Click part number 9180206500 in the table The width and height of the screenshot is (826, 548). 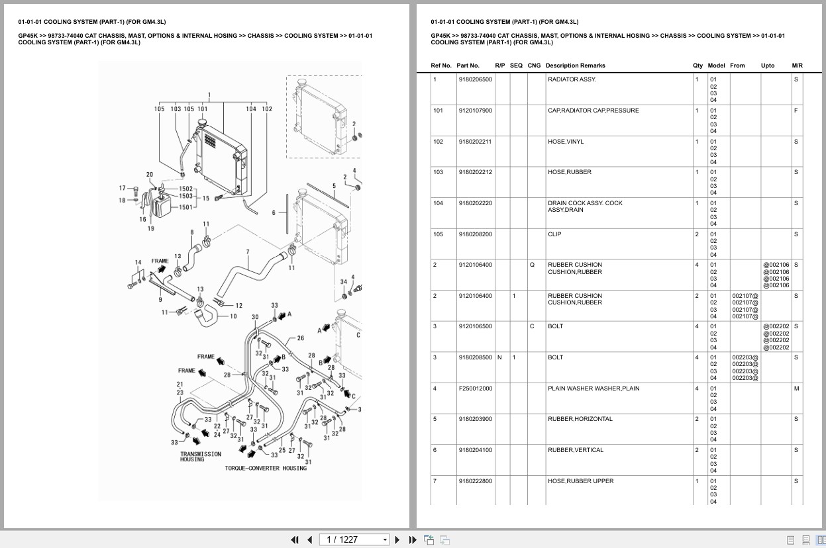(x=475, y=79)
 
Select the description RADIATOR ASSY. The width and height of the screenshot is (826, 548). (x=572, y=79)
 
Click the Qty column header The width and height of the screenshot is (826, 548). (x=697, y=66)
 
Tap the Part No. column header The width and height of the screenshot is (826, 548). (x=468, y=66)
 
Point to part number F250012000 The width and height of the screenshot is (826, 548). (x=475, y=388)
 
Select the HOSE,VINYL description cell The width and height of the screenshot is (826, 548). (x=566, y=142)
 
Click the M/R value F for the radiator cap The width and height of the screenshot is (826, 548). (x=796, y=111)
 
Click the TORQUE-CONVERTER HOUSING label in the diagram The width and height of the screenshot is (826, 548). (x=266, y=469)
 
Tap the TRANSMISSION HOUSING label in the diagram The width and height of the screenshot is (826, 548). (x=201, y=457)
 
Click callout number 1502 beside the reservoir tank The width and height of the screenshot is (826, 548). (x=185, y=189)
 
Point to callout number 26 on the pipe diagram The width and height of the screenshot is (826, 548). (x=300, y=338)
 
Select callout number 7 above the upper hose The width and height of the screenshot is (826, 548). (x=247, y=251)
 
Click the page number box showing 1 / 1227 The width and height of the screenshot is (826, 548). (x=354, y=539)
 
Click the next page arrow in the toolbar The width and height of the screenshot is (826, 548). (x=397, y=539)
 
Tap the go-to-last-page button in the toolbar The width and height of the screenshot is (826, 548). (x=412, y=539)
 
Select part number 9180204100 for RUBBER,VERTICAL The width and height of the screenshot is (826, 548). (x=475, y=450)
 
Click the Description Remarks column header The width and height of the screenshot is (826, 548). (x=575, y=66)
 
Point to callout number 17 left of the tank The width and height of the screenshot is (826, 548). (x=122, y=188)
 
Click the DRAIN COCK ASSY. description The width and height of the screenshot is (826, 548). (x=585, y=203)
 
